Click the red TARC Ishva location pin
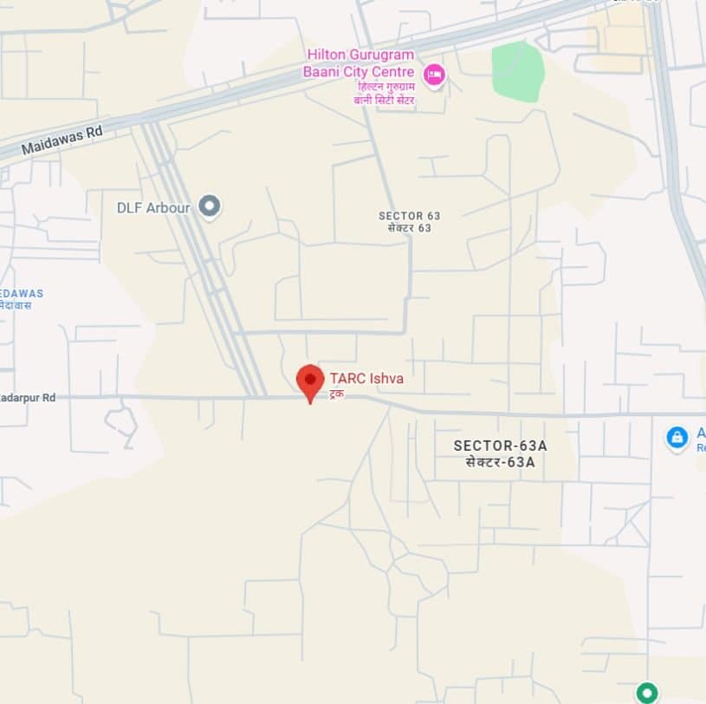(310, 381)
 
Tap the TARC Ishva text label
(366, 378)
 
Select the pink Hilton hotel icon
(433, 75)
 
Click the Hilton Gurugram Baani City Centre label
(359, 63)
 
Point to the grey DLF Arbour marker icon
(209, 206)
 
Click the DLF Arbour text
(153, 207)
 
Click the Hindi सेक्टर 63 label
(405, 228)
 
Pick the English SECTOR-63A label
(501, 446)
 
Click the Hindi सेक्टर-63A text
(501, 462)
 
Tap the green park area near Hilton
(518, 71)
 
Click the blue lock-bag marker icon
(677, 436)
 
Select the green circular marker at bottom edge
(646, 692)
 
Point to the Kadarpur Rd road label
(28, 397)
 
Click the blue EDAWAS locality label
(22, 293)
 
